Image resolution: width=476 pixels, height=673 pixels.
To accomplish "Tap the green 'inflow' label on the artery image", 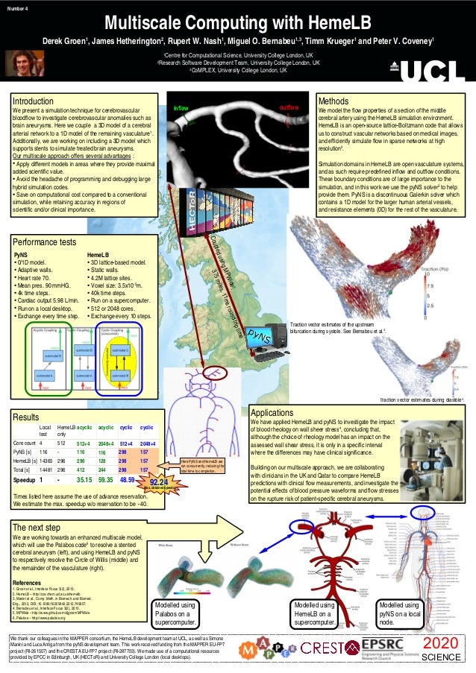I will pos(181,108).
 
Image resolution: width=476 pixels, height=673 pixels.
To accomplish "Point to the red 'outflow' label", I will pos(289,108).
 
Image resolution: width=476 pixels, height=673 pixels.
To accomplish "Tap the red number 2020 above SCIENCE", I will pos(446,642).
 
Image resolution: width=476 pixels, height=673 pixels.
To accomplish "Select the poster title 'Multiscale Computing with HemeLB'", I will pos(239,23).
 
